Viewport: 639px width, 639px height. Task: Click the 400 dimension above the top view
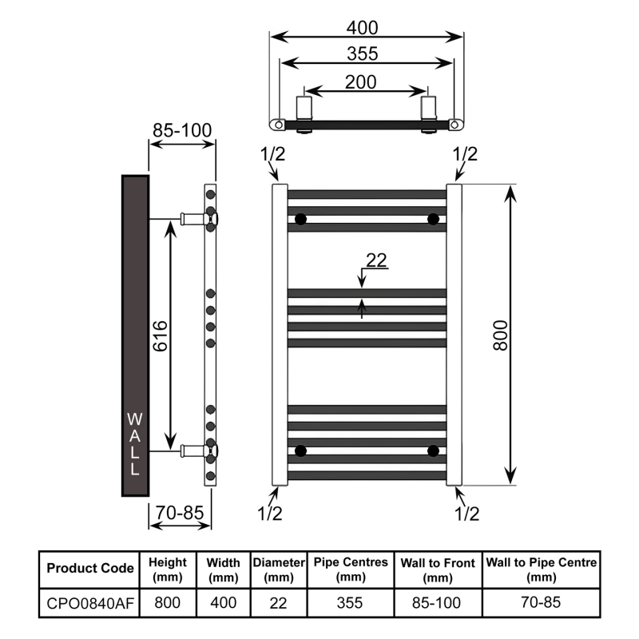362,27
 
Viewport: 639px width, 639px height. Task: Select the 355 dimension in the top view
362,54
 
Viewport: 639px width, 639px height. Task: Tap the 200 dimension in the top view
362,81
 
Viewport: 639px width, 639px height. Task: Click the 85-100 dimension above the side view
182,129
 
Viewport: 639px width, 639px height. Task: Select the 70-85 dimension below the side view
181,513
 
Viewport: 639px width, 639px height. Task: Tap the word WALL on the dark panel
134,444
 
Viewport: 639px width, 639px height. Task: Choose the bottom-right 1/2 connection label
466,513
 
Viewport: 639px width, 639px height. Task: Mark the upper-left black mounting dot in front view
300,219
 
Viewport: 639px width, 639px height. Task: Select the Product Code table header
89,569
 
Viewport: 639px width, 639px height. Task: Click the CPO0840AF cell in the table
89,602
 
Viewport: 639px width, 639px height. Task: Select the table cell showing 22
279,602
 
